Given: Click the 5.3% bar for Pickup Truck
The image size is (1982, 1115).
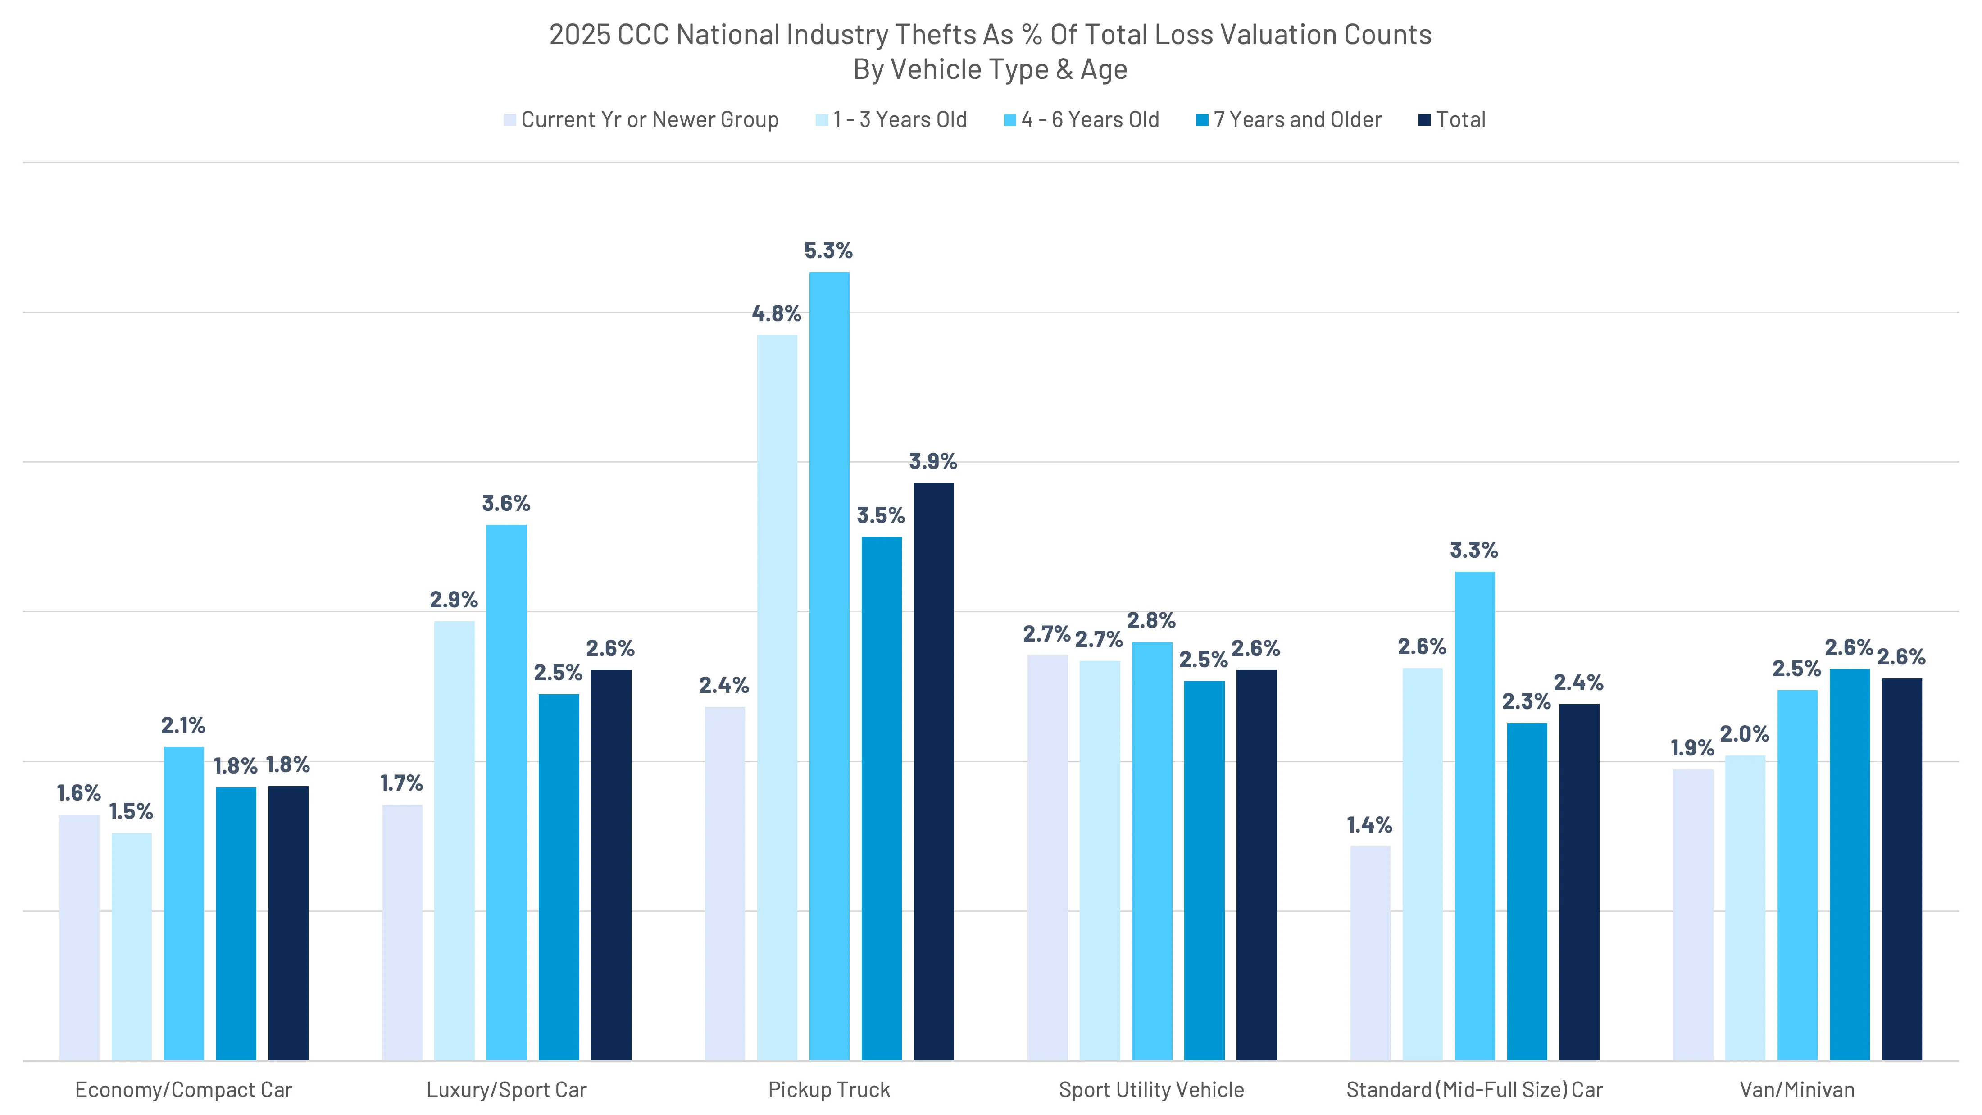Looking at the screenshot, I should pos(829,665).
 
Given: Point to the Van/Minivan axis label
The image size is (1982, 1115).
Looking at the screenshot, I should pos(1796,1090).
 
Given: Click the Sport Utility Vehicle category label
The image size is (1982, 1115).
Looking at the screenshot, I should pos(1151,1090).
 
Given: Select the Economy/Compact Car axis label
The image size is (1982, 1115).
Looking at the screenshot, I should pos(183,1090).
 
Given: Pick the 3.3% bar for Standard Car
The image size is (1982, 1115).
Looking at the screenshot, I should pos(1474,816).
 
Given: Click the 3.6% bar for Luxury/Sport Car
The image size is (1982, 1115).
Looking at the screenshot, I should pos(506,792).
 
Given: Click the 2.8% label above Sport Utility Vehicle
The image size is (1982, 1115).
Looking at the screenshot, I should pos(1151,620).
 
